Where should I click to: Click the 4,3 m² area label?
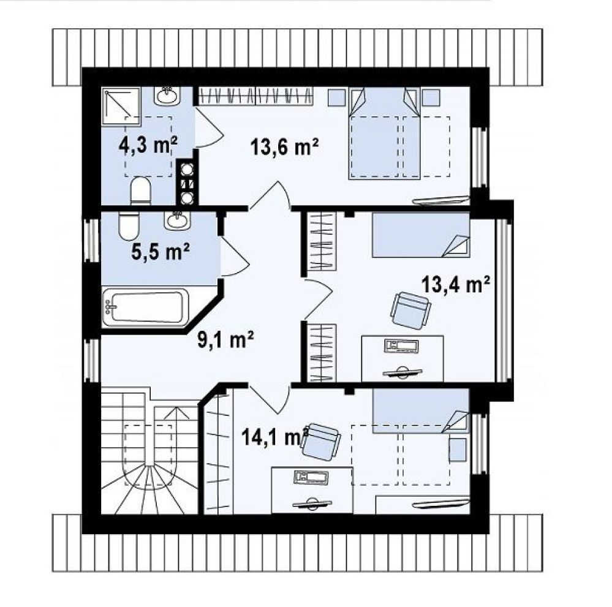coord(148,145)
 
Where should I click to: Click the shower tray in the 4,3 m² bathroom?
coord(121,107)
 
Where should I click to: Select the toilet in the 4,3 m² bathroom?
coord(140,190)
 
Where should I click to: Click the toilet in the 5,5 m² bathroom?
coord(129,226)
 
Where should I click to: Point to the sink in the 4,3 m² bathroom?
coord(167,96)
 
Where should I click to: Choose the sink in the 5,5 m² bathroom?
coord(178,221)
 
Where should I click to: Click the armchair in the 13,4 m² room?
coord(411,311)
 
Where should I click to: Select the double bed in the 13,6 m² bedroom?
coord(385,134)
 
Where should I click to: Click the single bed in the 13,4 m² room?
coord(421,235)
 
